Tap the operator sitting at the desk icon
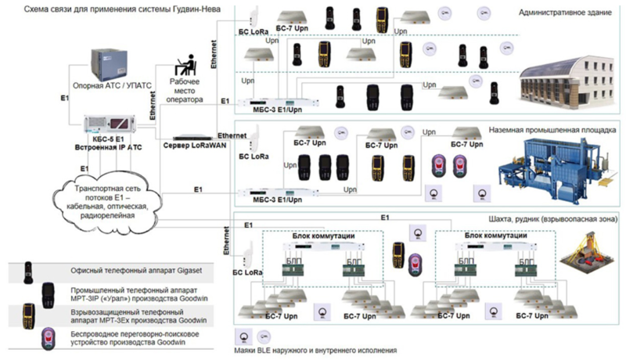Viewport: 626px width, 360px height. click(x=186, y=68)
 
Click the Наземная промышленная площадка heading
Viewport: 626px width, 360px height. click(x=553, y=129)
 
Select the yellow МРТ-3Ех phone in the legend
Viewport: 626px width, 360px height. click(x=28, y=315)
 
